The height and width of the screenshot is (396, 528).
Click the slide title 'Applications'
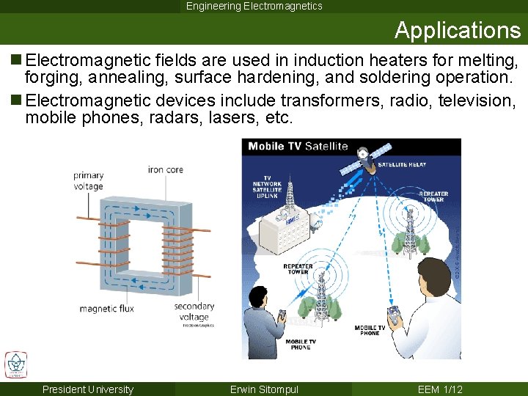pyautogui.click(x=457, y=30)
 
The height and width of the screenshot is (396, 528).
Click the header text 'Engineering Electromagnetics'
pyautogui.click(x=254, y=7)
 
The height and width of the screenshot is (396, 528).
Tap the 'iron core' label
pyautogui.click(x=166, y=169)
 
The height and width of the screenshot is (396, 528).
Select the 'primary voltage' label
pyautogui.click(x=88, y=181)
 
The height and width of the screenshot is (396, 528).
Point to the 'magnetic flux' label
pyautogui.click(x=106, y=309)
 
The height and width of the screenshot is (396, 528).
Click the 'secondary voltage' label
pyautogui.click(x=194, y=312)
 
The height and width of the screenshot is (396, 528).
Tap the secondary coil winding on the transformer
pyautogui.click(x=178, y=249)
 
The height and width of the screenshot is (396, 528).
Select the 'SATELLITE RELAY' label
pyautogui.click(x=401, y=165)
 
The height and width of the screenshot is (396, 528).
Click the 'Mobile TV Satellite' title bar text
pyautogui.click(x=298, y=146)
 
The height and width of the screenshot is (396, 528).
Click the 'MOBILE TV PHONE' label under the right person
pyautogui.click(x=370, y=330)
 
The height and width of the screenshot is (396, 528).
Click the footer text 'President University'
pyautogui.click(x=88, y=389)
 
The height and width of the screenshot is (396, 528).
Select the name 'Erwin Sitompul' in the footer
pyautogui.click(x=264, y=389)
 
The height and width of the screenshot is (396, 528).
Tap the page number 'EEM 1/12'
pyautogui.click(x=440, y=389)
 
